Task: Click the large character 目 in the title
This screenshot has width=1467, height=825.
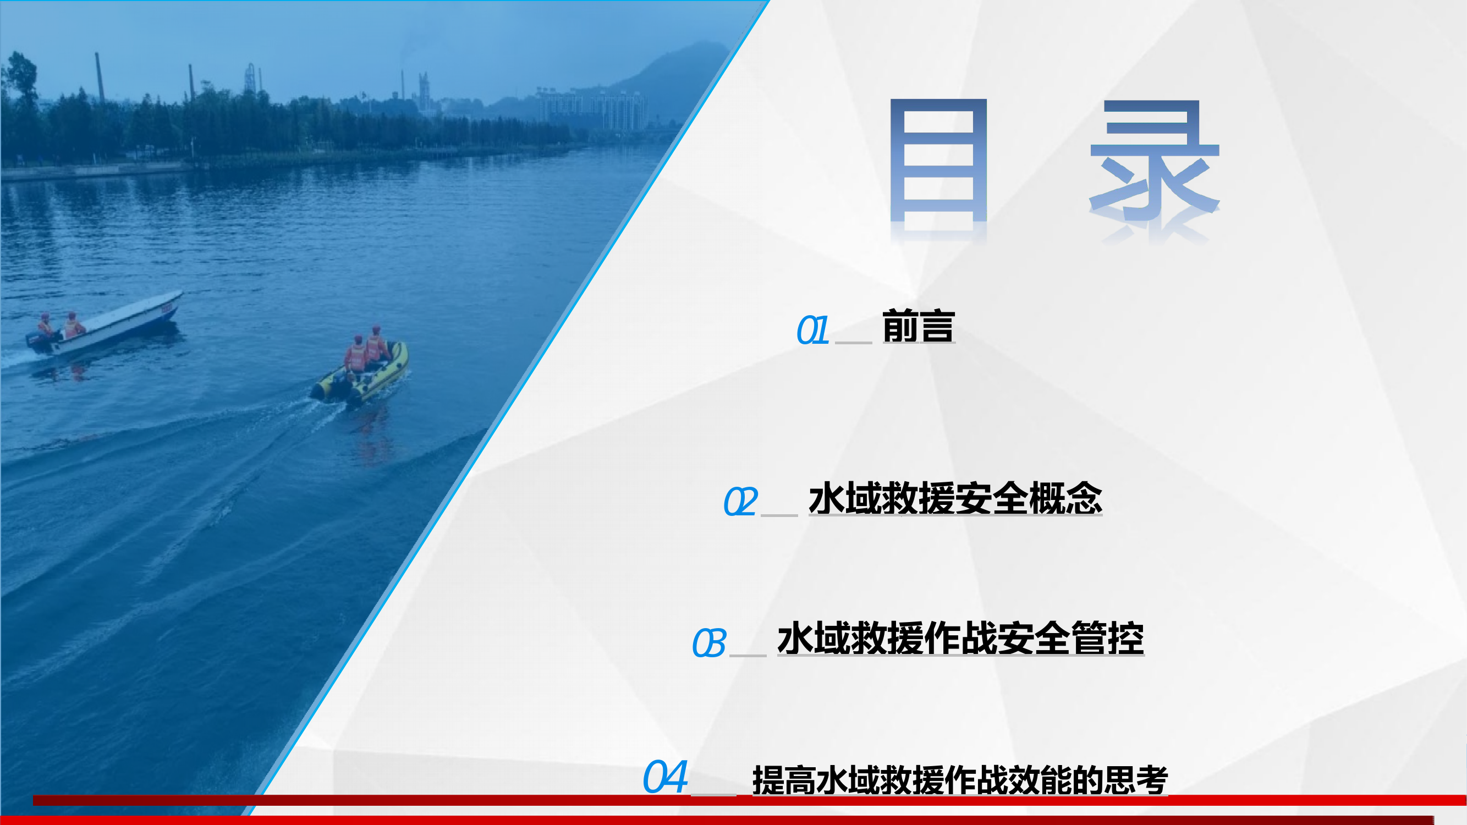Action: coord(938,162)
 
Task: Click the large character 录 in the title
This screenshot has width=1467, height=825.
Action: coord(1154,162)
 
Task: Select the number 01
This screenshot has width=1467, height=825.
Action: coord(812,330)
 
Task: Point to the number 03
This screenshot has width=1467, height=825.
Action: coord(708,643)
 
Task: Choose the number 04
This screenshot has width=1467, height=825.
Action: coord(664,777)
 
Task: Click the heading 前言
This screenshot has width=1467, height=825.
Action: coord(918,326)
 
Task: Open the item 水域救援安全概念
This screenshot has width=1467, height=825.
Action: coord(955,498)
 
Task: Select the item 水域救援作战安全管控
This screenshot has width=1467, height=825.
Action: coord(960,638)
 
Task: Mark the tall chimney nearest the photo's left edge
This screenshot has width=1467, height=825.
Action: coord(100,77)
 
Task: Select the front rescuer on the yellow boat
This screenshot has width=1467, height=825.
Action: coord(376,344)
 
